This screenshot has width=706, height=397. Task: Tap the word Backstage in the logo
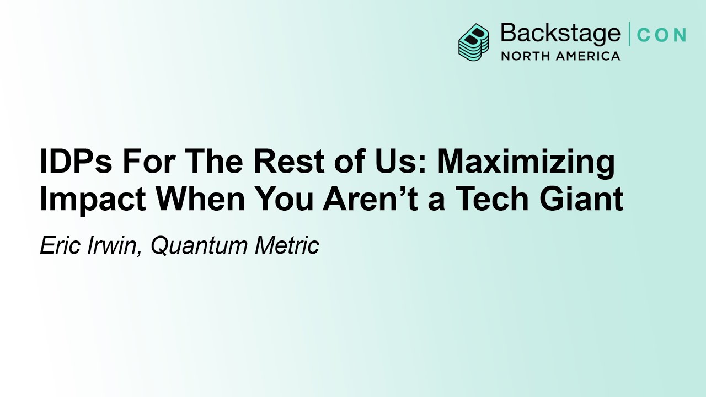pos(560,34)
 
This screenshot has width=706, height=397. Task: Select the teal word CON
pos(661,35)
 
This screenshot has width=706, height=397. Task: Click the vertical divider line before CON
pos(629,34)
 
